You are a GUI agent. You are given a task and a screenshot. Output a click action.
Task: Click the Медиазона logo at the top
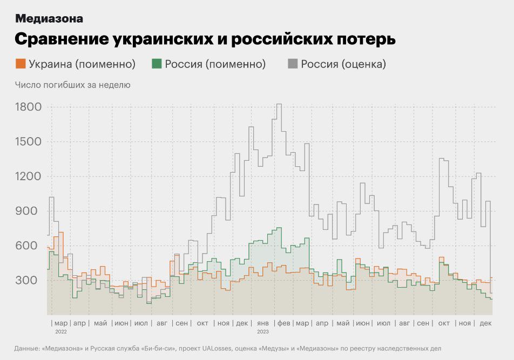coord(49,18)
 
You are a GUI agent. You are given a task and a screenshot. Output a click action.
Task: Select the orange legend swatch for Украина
coord(21,64)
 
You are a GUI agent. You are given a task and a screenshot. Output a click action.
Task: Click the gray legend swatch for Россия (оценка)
coord(293,64)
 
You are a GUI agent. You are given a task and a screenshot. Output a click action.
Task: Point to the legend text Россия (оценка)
coord(343,64)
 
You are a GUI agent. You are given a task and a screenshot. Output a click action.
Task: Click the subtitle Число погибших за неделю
coord(73,85)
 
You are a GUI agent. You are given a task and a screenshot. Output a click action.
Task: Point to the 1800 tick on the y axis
coord(28,107)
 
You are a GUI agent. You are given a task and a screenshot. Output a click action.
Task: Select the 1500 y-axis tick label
coord(28,142)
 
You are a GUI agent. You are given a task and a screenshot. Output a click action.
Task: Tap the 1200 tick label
coord(28,176)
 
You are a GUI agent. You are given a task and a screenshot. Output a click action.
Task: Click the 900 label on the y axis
coord(31,211)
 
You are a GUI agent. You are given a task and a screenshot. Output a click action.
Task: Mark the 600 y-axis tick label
coord(31,246)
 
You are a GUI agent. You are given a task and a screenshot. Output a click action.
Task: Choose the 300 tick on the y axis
coord(31,280)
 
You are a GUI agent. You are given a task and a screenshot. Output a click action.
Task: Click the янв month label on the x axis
coord(263,323)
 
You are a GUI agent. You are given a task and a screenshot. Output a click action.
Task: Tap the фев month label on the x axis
coord(283,323)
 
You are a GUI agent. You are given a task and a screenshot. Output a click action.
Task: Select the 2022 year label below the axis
coord(60,331)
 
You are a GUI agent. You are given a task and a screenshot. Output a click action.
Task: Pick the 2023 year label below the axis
coord(263,331)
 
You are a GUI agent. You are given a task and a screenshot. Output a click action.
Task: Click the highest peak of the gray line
coord(279,104)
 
